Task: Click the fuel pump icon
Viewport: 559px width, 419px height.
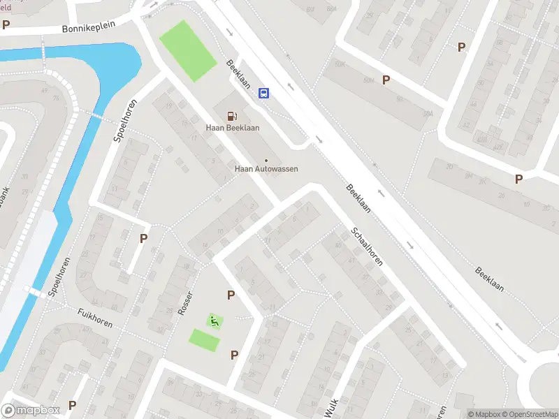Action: pyautogui.click(x=231, y=116)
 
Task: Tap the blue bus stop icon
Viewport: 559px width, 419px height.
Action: pyautogui.click(x=264, y=93)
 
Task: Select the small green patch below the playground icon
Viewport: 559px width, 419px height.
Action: pyautogui.click(x=204, y=340)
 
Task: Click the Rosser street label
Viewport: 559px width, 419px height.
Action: pyautogui.click(x=185, y=302)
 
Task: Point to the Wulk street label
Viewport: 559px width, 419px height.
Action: pyautogui.click(x=333, y=404)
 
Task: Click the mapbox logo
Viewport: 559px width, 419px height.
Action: pyautogui.click(x=29, y=411)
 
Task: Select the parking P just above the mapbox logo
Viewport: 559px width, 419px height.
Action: pyautogui.click(x=72, y=406)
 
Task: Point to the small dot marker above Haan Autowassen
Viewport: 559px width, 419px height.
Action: pyautogui.click(x=266, y=161)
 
